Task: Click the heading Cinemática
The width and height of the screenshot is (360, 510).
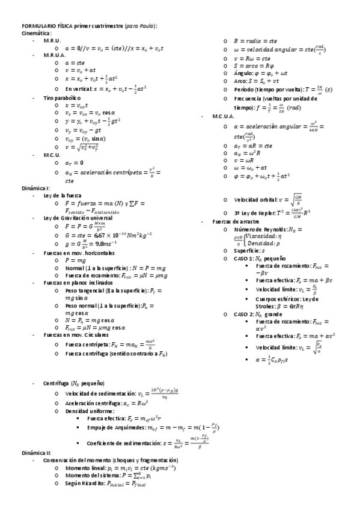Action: tap(36, 34)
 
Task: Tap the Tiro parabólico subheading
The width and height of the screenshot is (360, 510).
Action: tap(62, 97)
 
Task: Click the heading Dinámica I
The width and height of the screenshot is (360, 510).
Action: tap(35, 189)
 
